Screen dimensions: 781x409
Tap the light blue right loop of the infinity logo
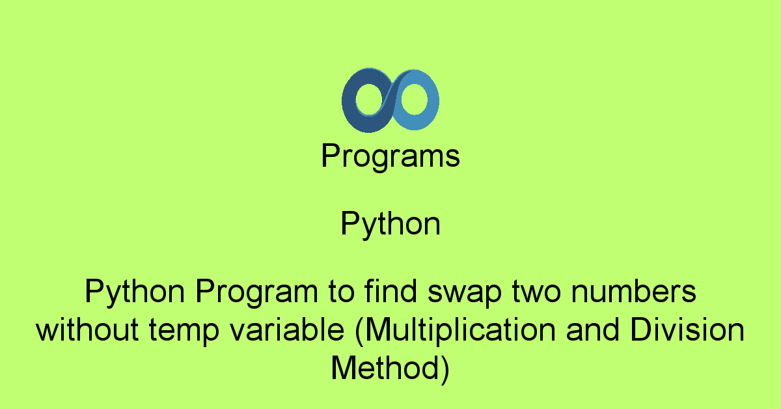coord(432,100)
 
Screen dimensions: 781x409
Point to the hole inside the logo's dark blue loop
coord(370,100)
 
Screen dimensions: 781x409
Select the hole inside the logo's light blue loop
coord(414,99)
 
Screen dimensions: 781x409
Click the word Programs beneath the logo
coord(390,156)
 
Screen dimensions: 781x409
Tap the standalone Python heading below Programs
coord(390,224)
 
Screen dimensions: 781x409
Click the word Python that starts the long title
coord(135,292)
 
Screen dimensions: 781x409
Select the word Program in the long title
coord(256,292)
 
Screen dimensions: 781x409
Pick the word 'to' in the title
coord(341,292)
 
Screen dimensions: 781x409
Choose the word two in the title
coord(536,292)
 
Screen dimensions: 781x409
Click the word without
coord(87,329)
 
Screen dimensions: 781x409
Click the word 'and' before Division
coord(593,329)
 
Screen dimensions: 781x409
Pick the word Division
coord(687,329)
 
